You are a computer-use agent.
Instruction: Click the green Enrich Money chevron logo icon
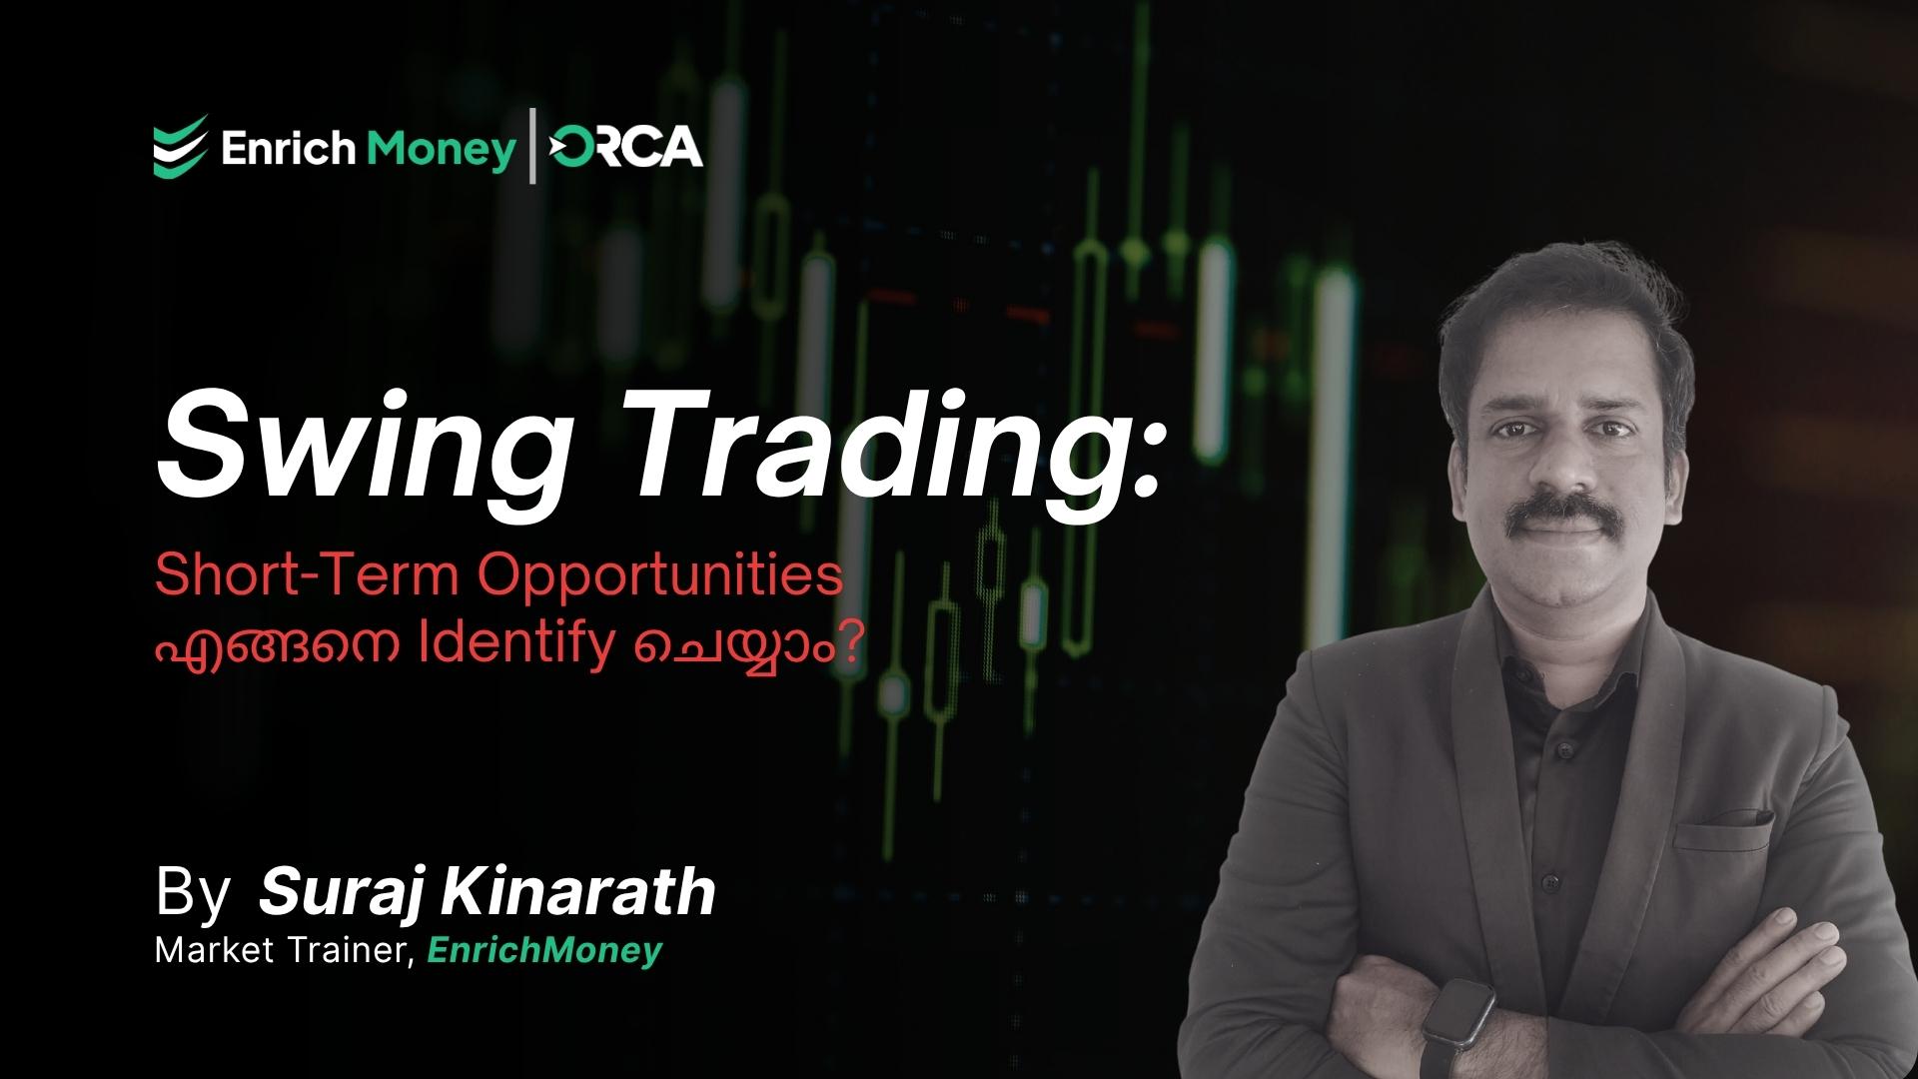(x=181, y=146)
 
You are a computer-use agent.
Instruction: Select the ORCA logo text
(x=626, y=148)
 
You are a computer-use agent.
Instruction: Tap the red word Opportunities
(x=663, y=577)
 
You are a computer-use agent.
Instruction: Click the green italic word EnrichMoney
(x=544, y=950)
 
